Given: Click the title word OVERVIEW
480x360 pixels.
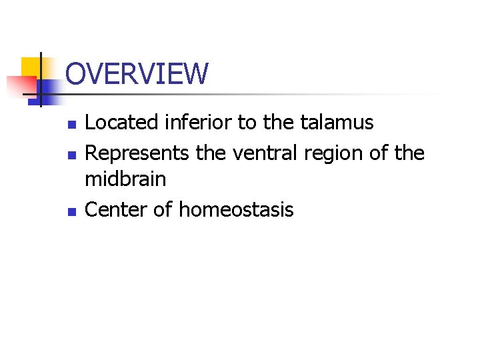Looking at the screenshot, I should pos(137,74).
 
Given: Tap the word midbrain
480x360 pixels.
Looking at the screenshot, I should pos(125,179).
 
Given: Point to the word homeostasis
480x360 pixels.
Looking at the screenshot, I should pos(236,210).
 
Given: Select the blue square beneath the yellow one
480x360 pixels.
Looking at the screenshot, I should pos(47,88).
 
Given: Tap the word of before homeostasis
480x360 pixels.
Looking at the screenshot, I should pos(163,210).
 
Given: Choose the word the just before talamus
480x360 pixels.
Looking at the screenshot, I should pos(278,123).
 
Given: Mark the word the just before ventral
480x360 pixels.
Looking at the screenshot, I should pos(210,153).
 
